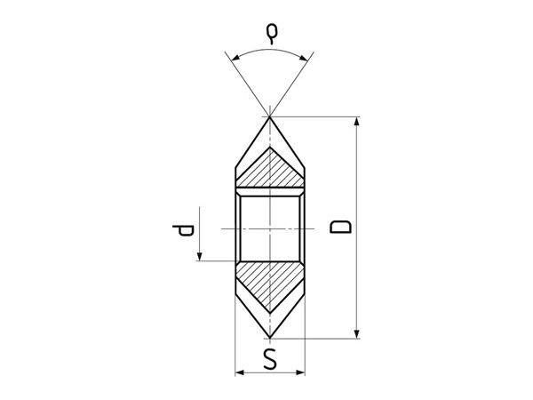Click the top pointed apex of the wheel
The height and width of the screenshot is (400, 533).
coord(270,116)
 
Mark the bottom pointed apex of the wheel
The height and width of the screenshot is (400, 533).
coord(270,337)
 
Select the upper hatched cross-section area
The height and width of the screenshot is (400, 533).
coord(270,170)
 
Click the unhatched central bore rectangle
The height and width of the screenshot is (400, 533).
coord(270,227)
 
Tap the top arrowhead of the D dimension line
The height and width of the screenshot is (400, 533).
coord(357,123)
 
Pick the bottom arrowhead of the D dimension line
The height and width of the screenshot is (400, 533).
coord(357,332)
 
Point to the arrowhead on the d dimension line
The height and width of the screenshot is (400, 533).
coord(202,256)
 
